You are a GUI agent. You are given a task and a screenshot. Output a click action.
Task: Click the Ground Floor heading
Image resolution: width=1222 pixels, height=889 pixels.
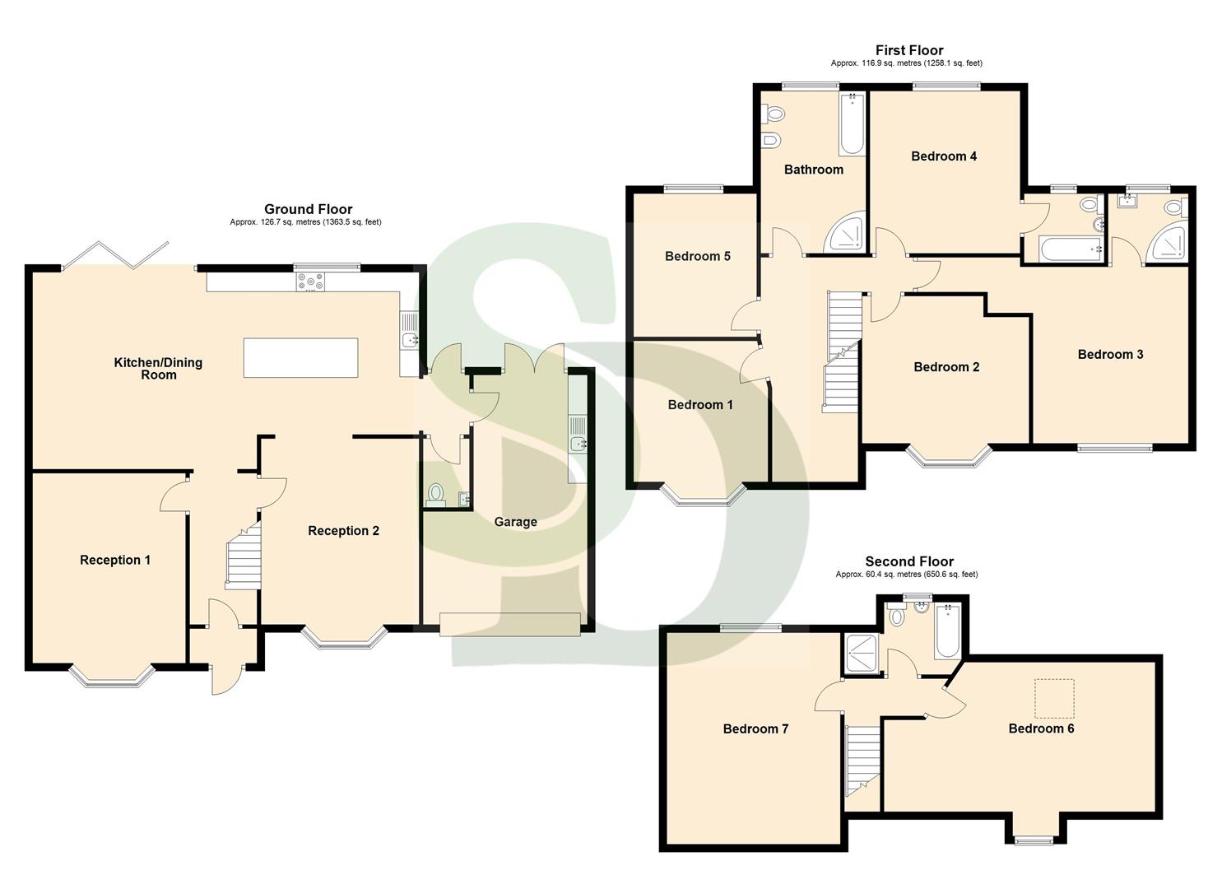(x=308, y=209)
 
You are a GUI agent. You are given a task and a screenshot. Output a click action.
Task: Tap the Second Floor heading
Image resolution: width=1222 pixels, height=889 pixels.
(x=908, y=561)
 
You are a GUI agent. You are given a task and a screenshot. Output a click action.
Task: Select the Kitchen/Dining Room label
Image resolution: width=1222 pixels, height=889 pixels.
(x=158, y=368)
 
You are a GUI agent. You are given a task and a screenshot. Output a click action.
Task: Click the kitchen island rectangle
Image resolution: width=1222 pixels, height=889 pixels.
(x=300, y=357)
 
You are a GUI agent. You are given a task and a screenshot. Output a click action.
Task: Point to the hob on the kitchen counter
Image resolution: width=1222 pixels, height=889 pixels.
(x=311, y=282)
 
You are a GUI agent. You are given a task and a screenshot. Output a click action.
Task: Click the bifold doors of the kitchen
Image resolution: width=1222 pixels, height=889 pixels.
(x=116, y=255)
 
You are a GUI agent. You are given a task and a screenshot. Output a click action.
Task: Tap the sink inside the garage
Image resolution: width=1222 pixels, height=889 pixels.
(x=578, y=444)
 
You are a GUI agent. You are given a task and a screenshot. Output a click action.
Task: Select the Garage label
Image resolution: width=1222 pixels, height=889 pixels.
(x=515, y=522)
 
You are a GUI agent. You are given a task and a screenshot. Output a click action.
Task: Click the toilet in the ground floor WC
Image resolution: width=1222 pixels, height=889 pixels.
(x=435, y=494)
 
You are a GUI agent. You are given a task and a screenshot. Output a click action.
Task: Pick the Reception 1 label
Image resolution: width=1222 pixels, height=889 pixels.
(x=115, y=561)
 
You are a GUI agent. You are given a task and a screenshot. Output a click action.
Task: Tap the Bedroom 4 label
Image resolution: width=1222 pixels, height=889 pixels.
(x=944, y=156)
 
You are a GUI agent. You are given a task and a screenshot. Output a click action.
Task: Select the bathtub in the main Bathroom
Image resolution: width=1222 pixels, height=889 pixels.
(x=852, y=123)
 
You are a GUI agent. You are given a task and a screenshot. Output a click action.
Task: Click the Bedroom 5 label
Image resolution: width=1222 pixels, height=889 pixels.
(x=698, y=257)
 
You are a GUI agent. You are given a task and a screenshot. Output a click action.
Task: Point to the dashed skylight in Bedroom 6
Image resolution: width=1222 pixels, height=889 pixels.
(x=1054, y=697)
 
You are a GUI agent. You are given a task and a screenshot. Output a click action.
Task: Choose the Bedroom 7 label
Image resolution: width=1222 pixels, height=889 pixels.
(x=755, y=729)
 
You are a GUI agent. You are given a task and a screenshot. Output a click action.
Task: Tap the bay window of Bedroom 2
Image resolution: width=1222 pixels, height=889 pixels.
(x=949, y=458)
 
